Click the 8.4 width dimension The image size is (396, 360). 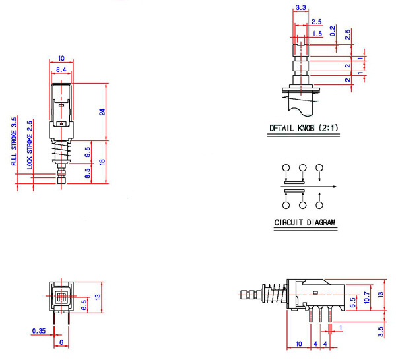pyautogui.click(x=61, y=69)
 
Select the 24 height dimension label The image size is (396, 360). pyautogui.click(x=102, y=111)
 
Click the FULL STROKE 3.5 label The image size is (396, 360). pyautogui.click(x=14, y=141)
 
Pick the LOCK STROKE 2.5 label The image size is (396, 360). pyautogui.click(x=29, y=145)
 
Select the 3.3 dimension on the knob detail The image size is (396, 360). pyautogui.click(x=301, y=8)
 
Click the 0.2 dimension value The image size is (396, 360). pyautogui.click(x=332, y=32)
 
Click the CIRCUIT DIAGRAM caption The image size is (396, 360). pyautogui.click(x=305, y=223)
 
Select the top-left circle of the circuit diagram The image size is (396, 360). pyautogui.click(x=285, y=168)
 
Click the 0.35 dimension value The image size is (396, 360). pyautogui.click(x=39, y=330)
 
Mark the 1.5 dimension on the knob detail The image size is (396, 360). pyautogui.click(x=317, y=33)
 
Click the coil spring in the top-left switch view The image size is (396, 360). pyautogui.click(x=61, y=156)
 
